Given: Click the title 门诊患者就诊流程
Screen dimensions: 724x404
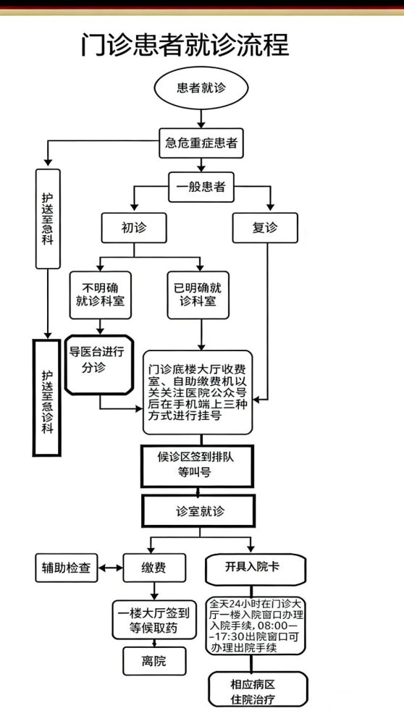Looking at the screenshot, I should pos(185,45).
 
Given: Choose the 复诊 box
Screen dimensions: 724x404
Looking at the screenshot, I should pos(265,228).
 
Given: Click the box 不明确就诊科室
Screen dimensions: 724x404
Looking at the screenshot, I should pos(100,294).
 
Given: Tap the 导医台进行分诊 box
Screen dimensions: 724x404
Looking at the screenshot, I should pos(98,363).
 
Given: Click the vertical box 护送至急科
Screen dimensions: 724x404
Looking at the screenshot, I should pos(48,217).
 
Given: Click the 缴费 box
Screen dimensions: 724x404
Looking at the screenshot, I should pos(153,568).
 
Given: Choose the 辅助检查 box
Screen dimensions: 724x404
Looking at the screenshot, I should pos(65,568).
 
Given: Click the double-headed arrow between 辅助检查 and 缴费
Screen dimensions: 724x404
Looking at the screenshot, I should pos(109,568).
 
